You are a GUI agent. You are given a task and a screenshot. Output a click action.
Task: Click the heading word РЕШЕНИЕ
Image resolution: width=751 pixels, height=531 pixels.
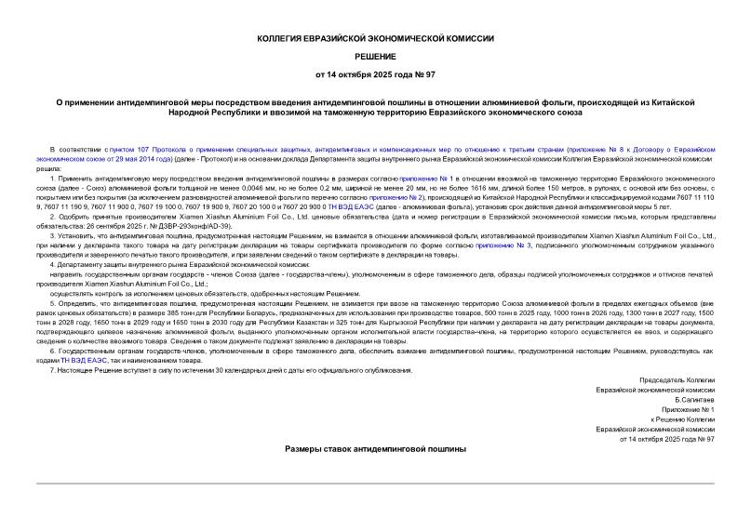pyautogui.click(x=375, y=55)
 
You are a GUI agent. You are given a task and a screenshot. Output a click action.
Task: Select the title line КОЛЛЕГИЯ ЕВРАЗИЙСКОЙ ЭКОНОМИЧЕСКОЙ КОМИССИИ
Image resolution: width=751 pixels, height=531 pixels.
pyautogui.click(x=375, y=38)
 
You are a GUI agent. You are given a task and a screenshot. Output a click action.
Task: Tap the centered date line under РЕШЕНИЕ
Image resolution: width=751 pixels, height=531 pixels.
pyautogui.click(x=375, y=73)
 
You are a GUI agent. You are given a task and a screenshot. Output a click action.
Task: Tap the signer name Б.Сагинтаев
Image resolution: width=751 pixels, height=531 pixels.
pyautogui.click(x=694, y=399)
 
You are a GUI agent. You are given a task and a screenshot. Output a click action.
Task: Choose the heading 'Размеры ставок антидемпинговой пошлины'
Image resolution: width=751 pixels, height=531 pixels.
pyautogui.click(x=375, y=448)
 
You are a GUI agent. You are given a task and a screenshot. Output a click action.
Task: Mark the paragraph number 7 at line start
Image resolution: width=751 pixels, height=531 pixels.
pyautogui.click(x=51, y=370)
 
